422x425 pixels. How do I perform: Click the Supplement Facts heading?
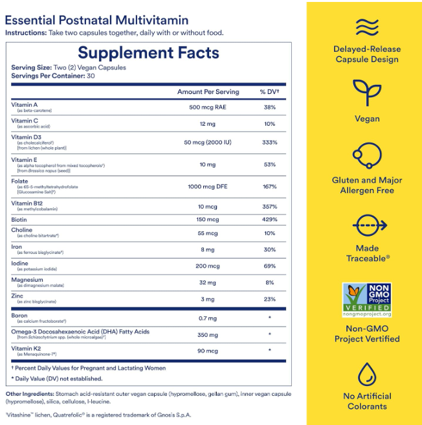[149, 53]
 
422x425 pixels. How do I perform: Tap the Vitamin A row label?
[25, 104]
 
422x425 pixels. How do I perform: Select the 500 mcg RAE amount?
[208, 108]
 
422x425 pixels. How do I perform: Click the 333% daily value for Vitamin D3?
[269, 143]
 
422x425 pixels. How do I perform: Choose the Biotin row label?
[20, 219]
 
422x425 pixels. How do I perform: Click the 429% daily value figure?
[269, 220]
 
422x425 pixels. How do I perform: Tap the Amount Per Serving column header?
[208, 92]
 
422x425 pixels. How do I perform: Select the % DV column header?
[269, 92]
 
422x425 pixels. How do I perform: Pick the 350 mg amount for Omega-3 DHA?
[208, 335]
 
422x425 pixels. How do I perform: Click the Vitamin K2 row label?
[25, 349]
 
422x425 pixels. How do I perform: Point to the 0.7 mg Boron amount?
[208, 317]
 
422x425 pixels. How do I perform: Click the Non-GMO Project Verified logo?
[366, 300]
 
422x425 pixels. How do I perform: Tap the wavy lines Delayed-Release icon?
[366, 27]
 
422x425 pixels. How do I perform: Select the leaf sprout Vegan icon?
[366, 93]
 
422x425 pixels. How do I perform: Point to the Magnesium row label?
[27, 280]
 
